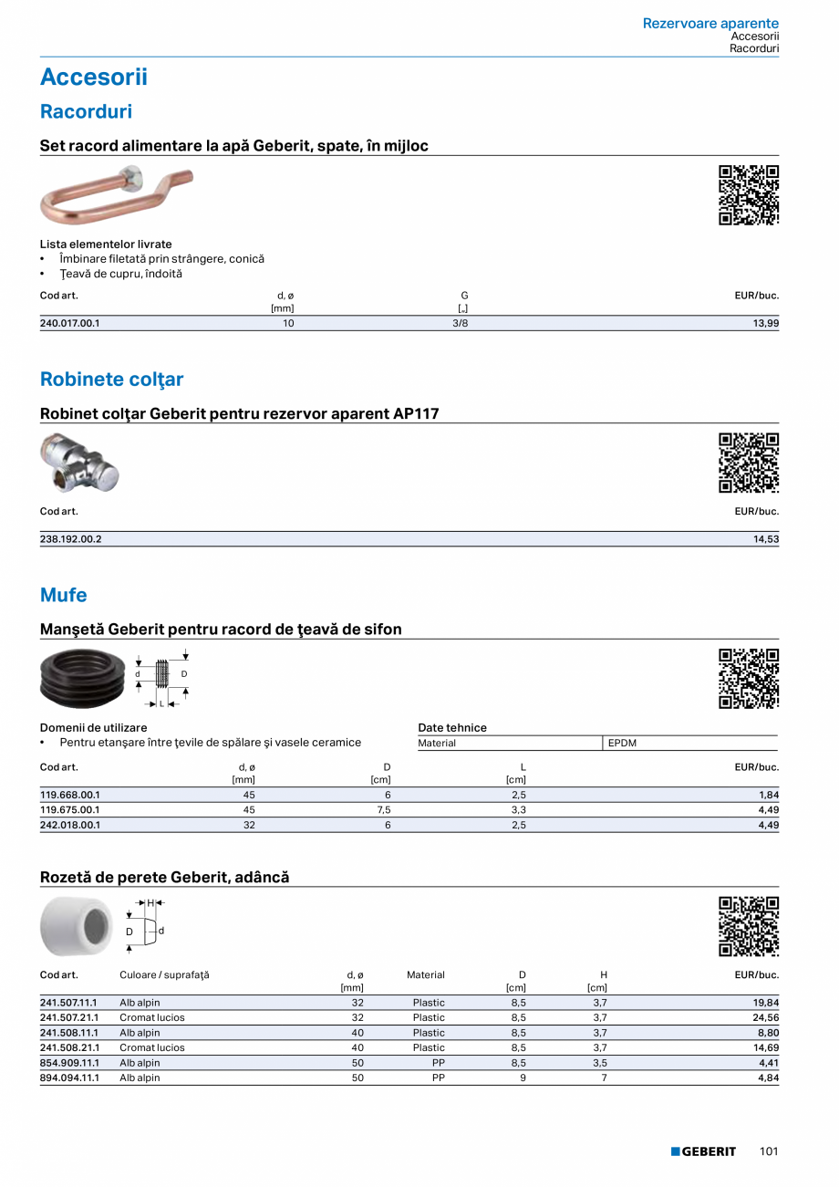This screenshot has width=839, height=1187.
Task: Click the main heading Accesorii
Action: (94, 78)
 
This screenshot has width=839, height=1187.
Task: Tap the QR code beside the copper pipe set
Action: (749, 194)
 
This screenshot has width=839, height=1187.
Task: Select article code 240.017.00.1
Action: (70, 323)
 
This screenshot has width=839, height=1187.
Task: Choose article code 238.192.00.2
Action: (71, 539)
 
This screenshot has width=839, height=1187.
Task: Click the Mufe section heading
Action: (64, 596)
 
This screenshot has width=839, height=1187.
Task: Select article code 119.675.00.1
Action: (70, 810)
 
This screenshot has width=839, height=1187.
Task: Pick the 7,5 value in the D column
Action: (384, 810)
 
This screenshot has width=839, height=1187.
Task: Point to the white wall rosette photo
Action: (75, 927)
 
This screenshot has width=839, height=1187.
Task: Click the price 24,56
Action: (766, 1017)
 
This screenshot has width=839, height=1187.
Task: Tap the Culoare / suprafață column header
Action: (164, 975)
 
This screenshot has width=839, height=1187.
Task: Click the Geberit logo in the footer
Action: (703, 1151)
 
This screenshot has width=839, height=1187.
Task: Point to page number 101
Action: (769, 1151)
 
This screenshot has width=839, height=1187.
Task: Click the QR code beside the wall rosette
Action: (749, 926)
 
